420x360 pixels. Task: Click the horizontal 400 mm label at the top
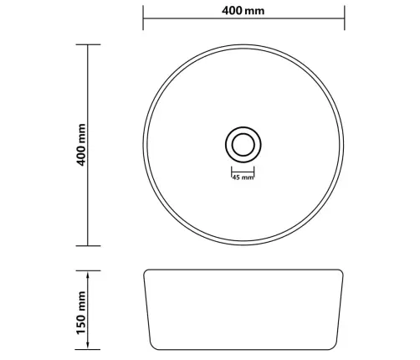click(x=243, y=11)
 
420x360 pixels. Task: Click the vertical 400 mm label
click(x=81, y=145)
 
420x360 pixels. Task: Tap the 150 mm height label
click(x=81, y=312)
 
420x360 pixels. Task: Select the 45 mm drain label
click(x=243, y=177)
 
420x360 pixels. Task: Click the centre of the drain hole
click(x=243, y=145)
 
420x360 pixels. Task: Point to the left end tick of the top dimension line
click(x=143, y=18)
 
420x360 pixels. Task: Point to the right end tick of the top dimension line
click(x=345, y=18)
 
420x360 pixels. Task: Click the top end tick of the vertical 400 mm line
click(x=88, y=44)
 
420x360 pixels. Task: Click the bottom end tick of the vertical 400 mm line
click(x=88, y=246)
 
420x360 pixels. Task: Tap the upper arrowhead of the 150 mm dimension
click(x=88, y=275)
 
